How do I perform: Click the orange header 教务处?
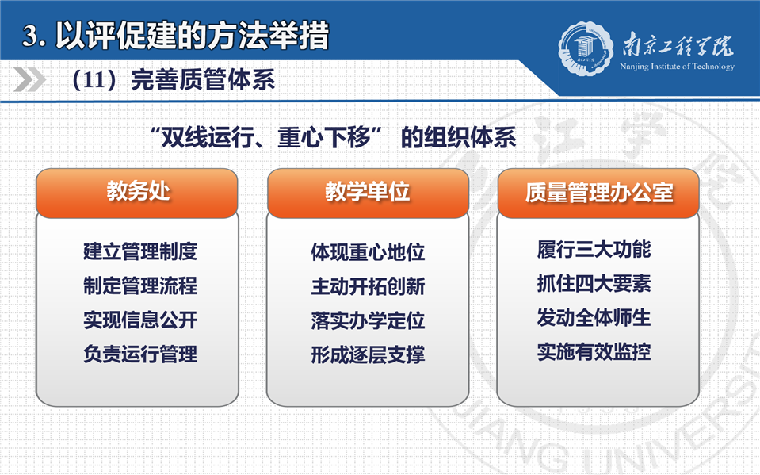pos(137,193)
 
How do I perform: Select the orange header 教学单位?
pos(368,193)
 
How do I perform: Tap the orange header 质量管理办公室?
pos(598,193)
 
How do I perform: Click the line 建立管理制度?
pos(140,251)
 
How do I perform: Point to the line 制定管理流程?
pos(140,285)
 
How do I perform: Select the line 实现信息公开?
pos(140,320)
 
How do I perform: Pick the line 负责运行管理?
pos(140,354)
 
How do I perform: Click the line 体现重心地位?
pos(368,252)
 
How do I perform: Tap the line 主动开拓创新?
pos(368,286)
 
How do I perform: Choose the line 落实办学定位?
pos(368,320)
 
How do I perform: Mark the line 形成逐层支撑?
pos(368,354)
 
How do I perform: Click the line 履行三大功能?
pos(594,249)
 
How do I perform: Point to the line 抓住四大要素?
pos(594,283)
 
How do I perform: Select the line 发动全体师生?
pos(594,318)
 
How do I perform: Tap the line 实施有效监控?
pos(594,352)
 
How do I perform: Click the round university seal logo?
pos(586,48)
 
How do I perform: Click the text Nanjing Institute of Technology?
pos(677,67)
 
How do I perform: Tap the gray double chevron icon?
pos(29,79)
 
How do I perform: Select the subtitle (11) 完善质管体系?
pos(173,79)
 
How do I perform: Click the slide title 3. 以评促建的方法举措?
pos(176,36)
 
